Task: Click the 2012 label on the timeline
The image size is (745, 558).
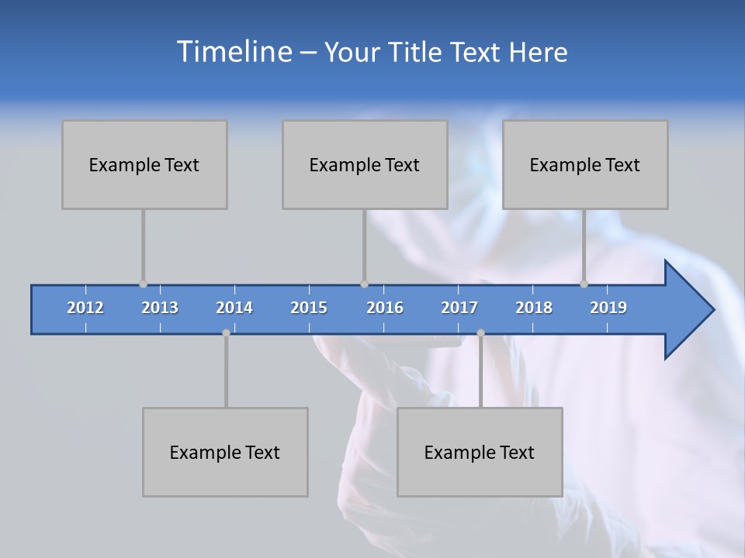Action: [85, 308]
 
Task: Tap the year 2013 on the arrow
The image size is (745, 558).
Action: [160, 308]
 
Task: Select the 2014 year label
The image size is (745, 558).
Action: [234, 308]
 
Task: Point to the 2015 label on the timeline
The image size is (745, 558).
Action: [309, 308]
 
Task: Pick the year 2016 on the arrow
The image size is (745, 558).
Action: [385, 308]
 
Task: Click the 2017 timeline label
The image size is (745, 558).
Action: [459, 308]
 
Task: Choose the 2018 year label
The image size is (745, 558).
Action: [534, 308]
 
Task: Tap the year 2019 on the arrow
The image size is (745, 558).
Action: [608, 308]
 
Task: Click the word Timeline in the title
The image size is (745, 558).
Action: [233, 52]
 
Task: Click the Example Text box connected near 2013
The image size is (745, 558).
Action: [144, 164]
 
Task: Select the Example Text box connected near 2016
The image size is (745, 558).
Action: [365, 164]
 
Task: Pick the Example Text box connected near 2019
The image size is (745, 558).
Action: [585, 164]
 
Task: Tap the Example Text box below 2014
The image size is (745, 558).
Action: [225, 452]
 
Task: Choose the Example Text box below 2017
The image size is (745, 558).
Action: [480, 452]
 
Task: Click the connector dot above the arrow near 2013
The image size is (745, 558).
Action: [143, 284]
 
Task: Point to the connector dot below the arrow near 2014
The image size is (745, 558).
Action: [226, 333]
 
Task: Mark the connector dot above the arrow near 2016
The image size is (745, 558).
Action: [364, 284]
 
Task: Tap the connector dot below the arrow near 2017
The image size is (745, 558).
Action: [480, 333]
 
